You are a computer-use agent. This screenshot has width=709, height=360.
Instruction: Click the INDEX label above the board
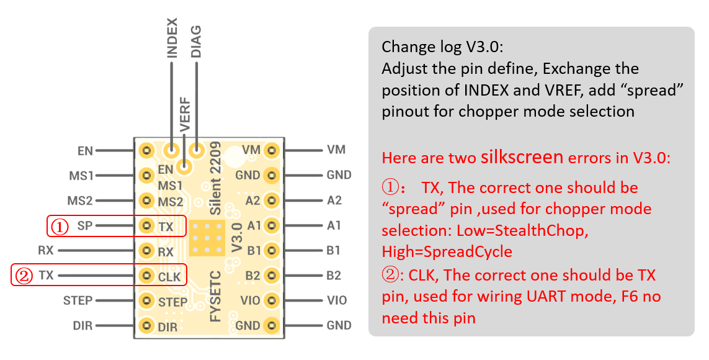pyautogui.click(x=172, y=38)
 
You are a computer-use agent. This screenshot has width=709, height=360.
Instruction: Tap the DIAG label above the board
pyautogui.click(x=196, y=42)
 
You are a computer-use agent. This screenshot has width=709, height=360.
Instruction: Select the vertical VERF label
pyautogui.click(x=184, y=115)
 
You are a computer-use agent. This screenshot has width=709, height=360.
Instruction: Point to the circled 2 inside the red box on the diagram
pyautogui.click(x=24, y=276)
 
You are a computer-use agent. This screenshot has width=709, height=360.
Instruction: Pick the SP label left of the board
pyautogui.click(x=86, y=226)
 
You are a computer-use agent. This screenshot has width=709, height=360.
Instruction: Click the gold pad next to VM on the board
pyautogui.click(x=271, y=150)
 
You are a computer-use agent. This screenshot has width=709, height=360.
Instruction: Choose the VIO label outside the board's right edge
pyautogui.click(x=337, y=300)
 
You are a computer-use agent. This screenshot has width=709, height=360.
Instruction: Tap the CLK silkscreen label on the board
pyautogui.click(x=169, y=277)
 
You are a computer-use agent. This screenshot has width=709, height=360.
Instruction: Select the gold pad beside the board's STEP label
pyautogui.click(x=146, y=301)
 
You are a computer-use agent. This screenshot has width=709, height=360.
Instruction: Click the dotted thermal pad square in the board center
pyautogui.click(x=205, y=236)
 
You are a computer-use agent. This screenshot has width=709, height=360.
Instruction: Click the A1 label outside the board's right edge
pyautogui.click(x=334, y=226)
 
